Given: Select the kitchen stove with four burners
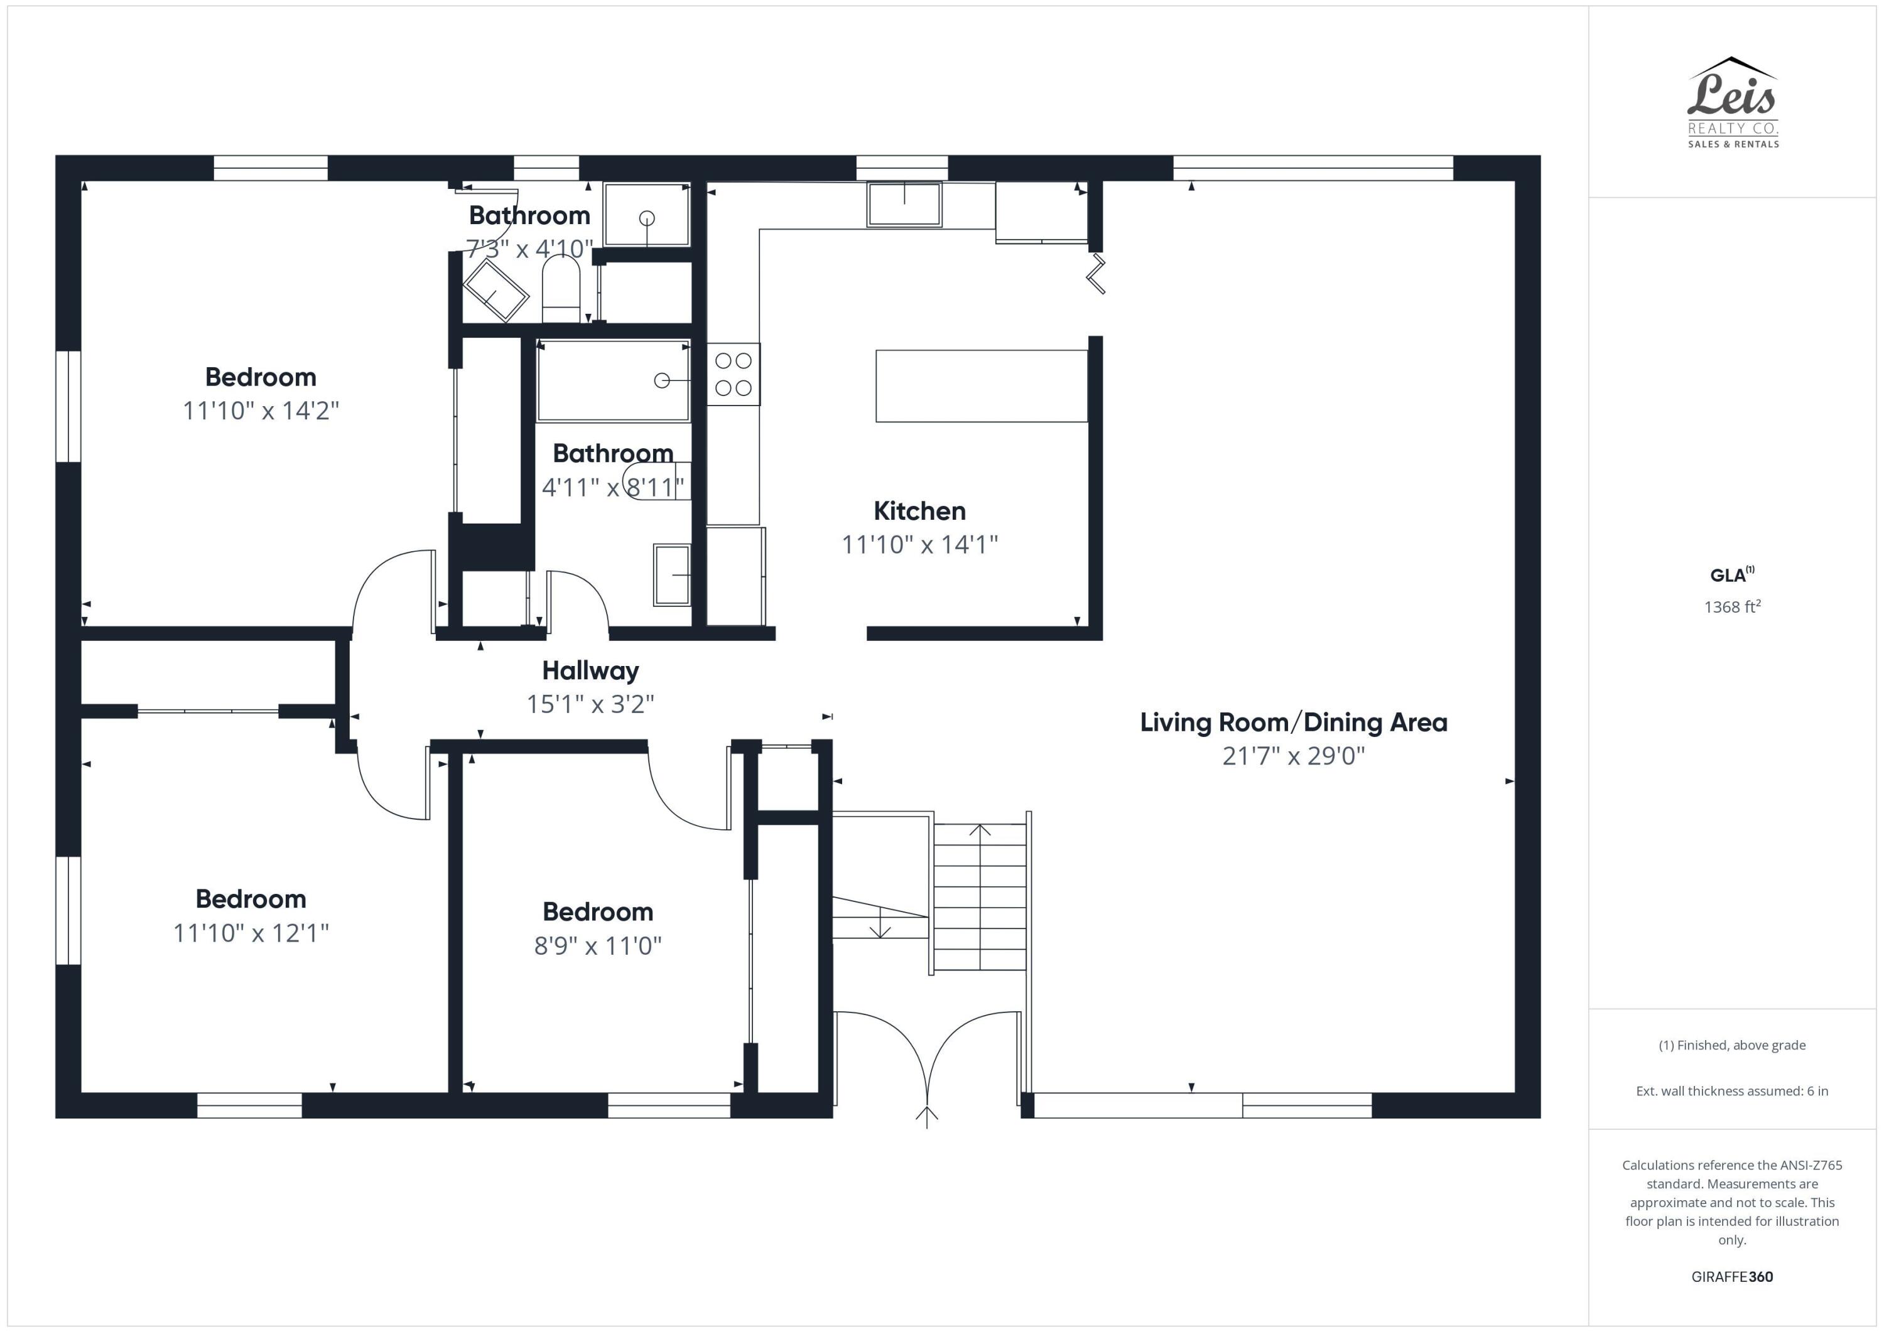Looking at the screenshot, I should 733,374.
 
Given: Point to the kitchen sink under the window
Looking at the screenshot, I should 904,204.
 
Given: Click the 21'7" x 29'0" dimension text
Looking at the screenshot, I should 1293,755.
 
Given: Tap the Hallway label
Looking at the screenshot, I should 590,670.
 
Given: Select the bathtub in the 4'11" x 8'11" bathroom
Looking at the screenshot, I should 612,380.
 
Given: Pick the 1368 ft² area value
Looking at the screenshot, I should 1732,607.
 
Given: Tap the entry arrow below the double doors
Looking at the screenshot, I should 926,1116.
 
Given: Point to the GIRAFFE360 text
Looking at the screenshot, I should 1731,1277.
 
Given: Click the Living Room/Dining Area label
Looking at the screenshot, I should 1293,722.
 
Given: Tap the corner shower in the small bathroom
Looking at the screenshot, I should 495,292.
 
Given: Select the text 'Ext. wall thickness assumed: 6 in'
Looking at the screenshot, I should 1731,1091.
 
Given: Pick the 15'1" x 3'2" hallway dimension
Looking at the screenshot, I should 590,704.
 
